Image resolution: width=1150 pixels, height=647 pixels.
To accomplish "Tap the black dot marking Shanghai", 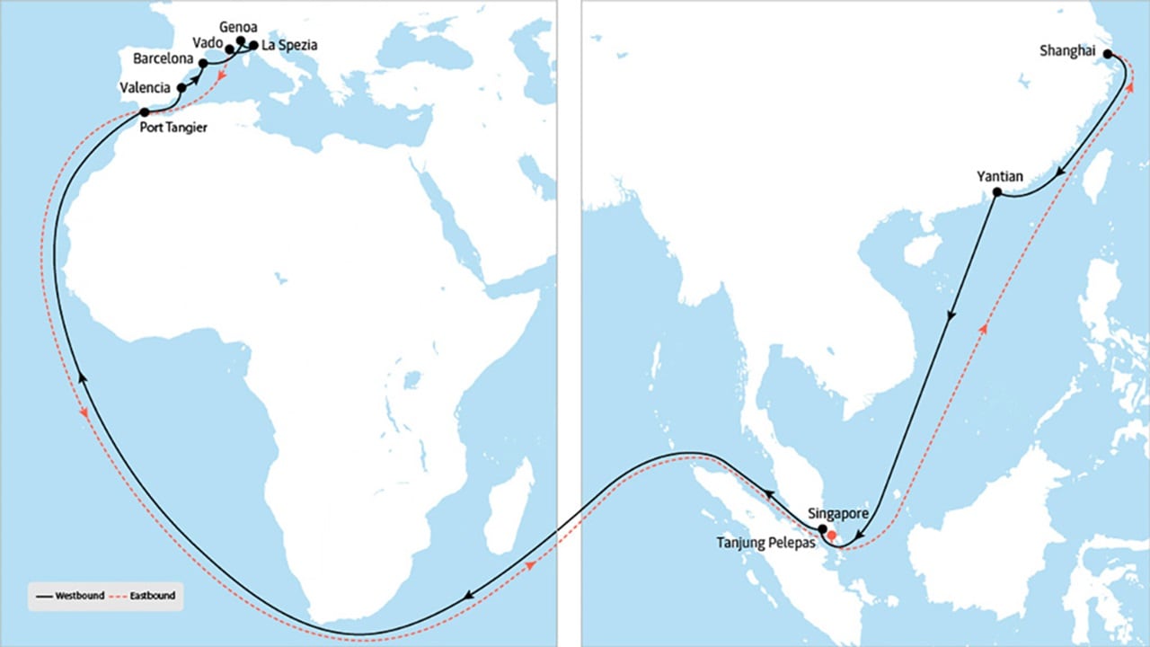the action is [x=1108, y=54].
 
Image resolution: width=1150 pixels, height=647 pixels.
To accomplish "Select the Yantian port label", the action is [x=999, y=177].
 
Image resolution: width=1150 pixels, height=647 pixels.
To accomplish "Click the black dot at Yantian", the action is [x=996, y=193].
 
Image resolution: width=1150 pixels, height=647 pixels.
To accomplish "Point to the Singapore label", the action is [x=838, y=513].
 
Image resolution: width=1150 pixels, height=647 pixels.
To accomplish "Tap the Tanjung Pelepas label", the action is [x=765, y=543].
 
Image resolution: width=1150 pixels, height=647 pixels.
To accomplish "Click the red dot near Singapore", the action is [x=832, y=536].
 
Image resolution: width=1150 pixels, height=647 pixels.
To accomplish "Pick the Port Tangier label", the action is [x=174, y=128].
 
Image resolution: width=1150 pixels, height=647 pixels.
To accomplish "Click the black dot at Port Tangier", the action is [x=145, y=112].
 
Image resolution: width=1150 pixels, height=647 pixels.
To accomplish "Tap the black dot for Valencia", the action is [x=182, y=88].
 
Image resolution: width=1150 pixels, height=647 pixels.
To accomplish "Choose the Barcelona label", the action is [x=163, y=59].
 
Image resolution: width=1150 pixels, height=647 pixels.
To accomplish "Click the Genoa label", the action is [x=238, y=27].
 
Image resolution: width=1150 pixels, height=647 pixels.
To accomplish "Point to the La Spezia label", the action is [x=289, y=44].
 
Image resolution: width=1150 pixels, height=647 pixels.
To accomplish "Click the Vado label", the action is [x=208, y=42].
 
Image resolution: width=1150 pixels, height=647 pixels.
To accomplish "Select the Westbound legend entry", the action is [x=69, y=596].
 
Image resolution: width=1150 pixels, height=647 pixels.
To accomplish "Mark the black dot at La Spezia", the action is [x=253, y=45].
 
